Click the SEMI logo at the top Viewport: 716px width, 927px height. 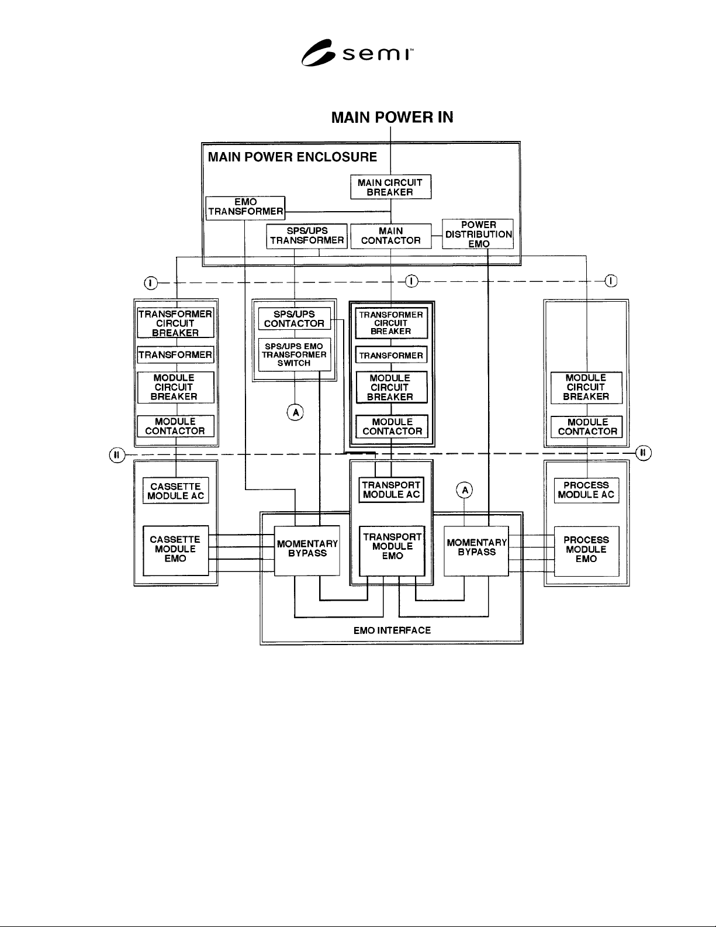click(x=357, y=53)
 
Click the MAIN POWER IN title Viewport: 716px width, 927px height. click(x=392, y=118)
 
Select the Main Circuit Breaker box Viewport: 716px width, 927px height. click(x=391, y=187)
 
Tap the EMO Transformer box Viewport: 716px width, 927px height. click(x=245, y=208)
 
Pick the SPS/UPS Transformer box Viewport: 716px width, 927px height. click(x=307, y=236)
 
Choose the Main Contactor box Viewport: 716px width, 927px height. click(x=391, y=236)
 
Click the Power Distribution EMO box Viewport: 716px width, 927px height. click(x=478, y=234)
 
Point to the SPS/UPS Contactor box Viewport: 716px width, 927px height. click(x=295, y=319)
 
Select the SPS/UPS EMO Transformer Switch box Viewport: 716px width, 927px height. click(x=295, y=354)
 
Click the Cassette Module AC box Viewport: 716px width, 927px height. click(x=175, y=491)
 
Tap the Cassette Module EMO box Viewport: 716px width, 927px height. click(x=175, y=550)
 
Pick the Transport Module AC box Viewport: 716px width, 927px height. click(x=391, y=490)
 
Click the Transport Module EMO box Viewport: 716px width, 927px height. click(x=392, y=551)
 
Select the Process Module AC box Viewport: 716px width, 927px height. click(x=586, y=490)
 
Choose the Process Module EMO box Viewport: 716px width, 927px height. click(x=586, y=551)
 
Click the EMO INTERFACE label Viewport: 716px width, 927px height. click(x=392, y=630)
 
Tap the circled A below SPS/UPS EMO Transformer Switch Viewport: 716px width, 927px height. click(x=295, y=412)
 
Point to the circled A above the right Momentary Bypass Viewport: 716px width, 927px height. click(x=465, y=490)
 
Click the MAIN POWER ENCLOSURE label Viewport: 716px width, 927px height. click(x=292, y=157)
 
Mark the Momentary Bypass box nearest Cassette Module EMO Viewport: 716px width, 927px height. click(x=307, y=551)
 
